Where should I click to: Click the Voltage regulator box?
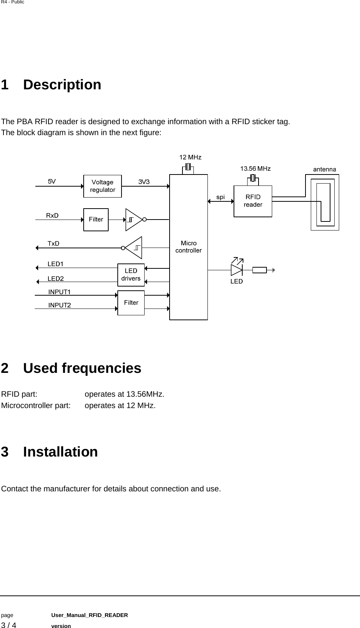tap(102, 186)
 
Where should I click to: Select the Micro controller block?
tap(189, 247)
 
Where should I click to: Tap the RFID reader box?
tap(253, 201)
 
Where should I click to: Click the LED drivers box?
tap(131, 275)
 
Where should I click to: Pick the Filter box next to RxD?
tap(96, 220)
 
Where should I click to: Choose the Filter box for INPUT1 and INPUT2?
tap(131, 302)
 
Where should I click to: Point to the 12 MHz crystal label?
tap(190, 157)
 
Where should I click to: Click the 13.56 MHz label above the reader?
tap(256, 168)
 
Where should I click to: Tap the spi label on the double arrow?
tap(220, 197)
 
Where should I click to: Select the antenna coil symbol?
tap(324, 202)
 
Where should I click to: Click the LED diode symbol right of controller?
tap(237, 270)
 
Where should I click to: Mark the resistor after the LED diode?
tap(259, 270)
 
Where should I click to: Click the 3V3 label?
tap(144, 182)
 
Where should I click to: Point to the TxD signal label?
tap(53, 243)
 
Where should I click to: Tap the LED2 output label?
tap(56, 279)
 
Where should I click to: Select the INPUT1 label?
tap(59, 292)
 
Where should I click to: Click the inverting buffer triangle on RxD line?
tap(134, 219)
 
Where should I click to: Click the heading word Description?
tap(62, 84)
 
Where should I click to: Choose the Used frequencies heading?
tap(82, 368)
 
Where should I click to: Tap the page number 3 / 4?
tap(9, 625)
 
